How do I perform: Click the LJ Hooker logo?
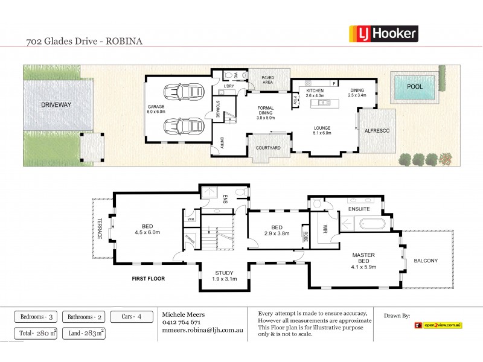coord(384,33)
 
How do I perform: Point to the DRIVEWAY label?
coord(56,104)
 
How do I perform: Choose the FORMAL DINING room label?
coord(265,113)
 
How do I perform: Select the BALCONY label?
coord(426,261)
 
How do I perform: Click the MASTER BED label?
coord(363,259)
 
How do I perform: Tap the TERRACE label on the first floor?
coord(100,229)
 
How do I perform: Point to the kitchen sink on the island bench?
coord(322,103)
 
